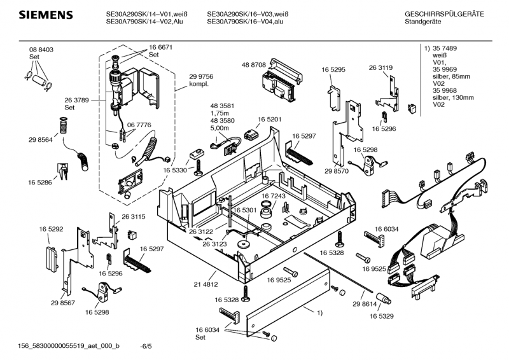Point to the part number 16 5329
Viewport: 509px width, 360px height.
pos(383,315)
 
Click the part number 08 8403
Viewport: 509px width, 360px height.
pos(41,50)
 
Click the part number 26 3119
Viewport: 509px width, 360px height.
pos(381,67)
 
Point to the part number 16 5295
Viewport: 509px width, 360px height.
pos(333,69)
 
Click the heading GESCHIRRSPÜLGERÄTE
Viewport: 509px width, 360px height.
pos(443,14)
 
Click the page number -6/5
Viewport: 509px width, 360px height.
pos(147,347)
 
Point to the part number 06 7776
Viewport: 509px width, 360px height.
pos(139,125)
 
